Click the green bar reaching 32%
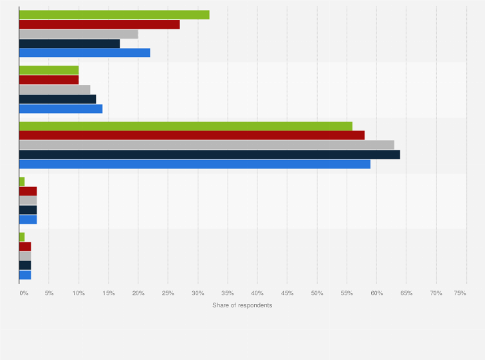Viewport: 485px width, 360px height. coord(114,15)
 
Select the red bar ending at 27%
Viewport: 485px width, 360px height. coord(100,24)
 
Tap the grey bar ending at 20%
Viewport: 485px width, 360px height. coord(78,34)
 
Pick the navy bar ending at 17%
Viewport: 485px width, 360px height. coord(69,44)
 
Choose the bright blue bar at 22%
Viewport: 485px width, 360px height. coord(84,53)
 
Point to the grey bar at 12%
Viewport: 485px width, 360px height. coord(55,89)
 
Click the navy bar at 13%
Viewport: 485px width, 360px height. coord(58,99)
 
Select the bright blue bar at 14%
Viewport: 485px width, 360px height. coord(60,109)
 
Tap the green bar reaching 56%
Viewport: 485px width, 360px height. coord(186,126)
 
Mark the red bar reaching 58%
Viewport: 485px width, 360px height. coord(192,135)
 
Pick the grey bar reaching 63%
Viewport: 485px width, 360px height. coord(206,145)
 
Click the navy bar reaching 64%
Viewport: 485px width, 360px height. coord(210,154)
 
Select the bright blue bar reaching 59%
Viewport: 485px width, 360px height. coord(195,164)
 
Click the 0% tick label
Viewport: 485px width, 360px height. coord(23,293)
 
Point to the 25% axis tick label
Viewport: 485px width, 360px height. coord(168,293)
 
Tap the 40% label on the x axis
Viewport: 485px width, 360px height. coord(257,293)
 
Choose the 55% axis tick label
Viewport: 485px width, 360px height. coord(347,293)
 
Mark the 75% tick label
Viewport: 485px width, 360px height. coord(460,293)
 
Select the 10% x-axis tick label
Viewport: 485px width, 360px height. coord(78,293)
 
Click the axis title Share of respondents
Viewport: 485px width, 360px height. coord(243,305)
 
